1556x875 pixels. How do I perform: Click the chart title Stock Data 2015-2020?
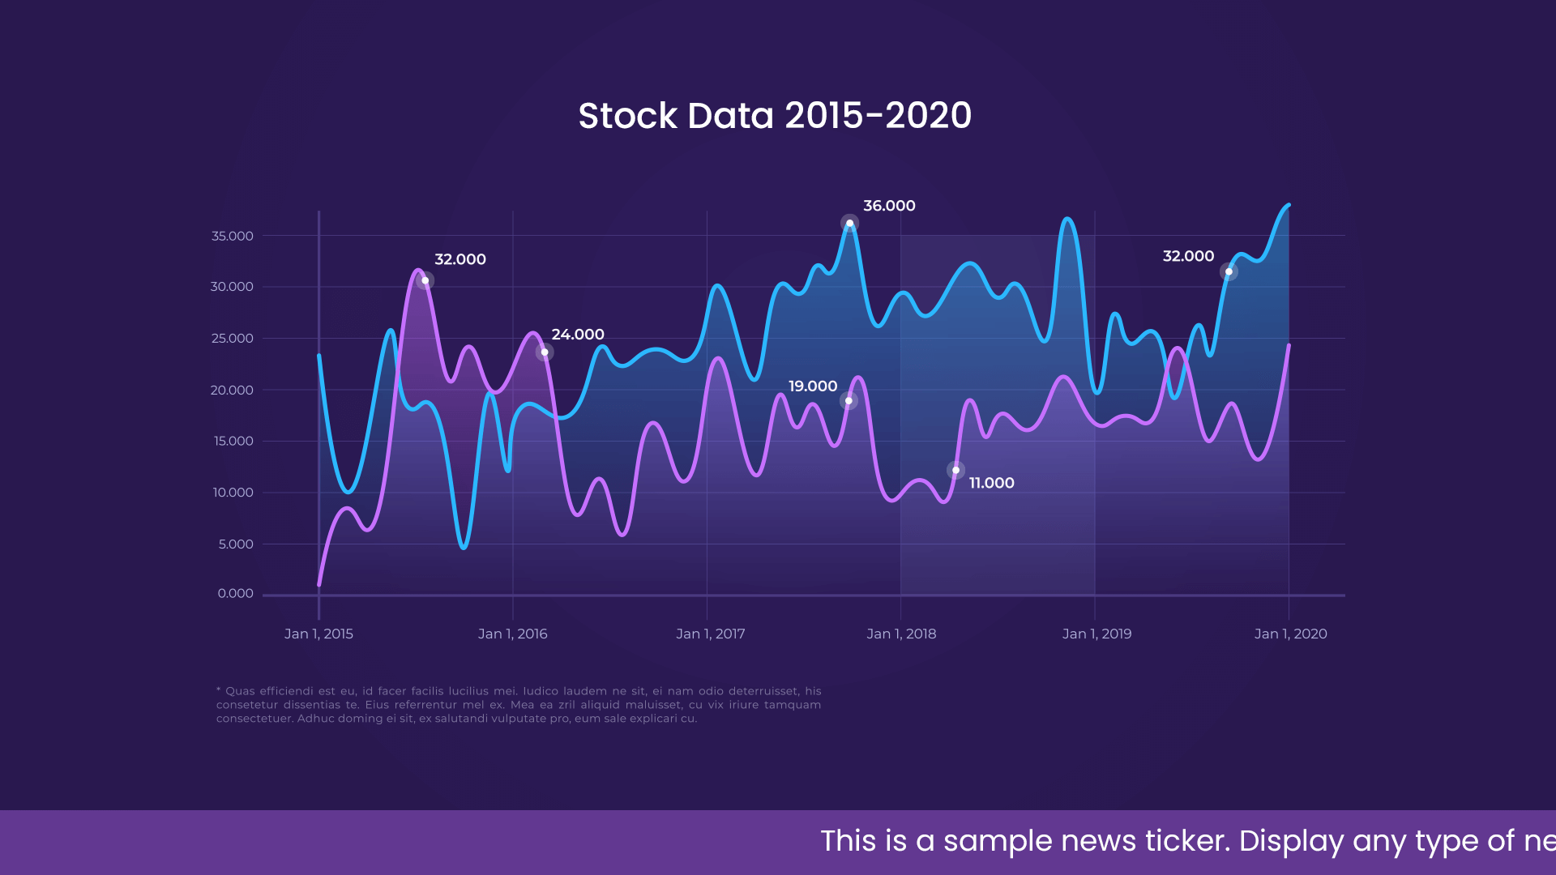pyautogui.click(x=775, y=116)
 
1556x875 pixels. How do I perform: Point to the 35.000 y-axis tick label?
pyautogui.click(x=233, y=236)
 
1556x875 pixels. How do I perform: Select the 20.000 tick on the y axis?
pyautogui.click(x=233, y=390)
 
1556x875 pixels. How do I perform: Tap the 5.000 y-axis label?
pyautogui.click(x=236, y=544)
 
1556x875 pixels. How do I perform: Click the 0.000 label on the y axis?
pyautogui.click(x=236, y=593)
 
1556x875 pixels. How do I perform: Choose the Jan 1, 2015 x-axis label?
pyautogui.click(x=318, y=634)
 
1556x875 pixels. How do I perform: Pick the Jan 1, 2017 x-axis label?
pyautogui.click(x=711, y=634)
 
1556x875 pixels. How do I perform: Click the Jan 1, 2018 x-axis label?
pyautogui.click(x=901, y=634)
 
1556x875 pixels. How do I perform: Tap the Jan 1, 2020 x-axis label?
pyautogui.click(x=1291, y=634)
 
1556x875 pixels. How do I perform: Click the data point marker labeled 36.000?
pyautogui.click(x=849, y=224)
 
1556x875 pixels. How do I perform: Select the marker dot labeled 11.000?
pyautogui.click(x=956, y=470)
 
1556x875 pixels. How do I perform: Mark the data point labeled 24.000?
pyautogui.click(x=545, y=352)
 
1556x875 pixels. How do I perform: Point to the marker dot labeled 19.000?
pyautogui.click(x=849, y=400)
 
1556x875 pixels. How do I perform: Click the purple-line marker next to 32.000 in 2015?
pyautogui.click(x=425, y=280)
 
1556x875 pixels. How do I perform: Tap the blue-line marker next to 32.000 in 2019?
pyautogui.click(x=1229, y=272)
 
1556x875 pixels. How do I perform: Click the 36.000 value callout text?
pyautogui.click(x=889, y=206)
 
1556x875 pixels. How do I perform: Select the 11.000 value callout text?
pyautogui.click(x=992, y=483)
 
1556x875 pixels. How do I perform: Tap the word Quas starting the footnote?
pyautogui.click(x=240, y=691)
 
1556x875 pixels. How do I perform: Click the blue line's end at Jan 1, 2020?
pyautogui.click(x=1289, y=206)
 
